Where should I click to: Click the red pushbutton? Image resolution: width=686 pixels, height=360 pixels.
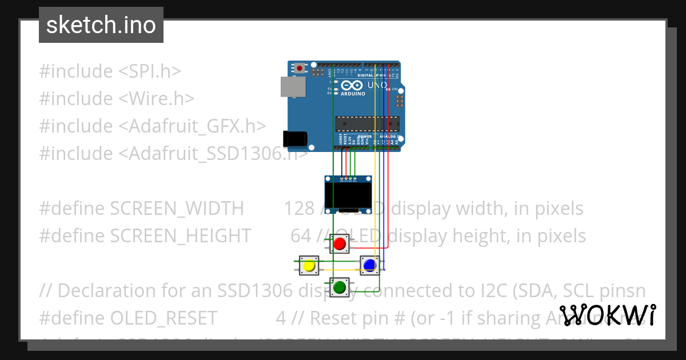pos(340,244)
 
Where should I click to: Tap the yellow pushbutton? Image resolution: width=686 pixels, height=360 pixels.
pos(309,266)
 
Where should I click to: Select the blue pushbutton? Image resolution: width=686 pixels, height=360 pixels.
pos(369,265)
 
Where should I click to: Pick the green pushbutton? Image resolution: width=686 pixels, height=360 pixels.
pos(340,287)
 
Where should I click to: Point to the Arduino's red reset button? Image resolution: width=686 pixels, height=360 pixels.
pos(300,68)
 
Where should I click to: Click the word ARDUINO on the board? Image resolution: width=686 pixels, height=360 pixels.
pos(353,94)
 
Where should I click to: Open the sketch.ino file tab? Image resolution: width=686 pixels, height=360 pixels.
pos(101,25)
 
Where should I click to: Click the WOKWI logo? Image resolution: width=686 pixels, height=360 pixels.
pos(608,315)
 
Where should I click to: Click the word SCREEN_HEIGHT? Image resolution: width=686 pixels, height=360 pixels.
pos(181,236)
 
